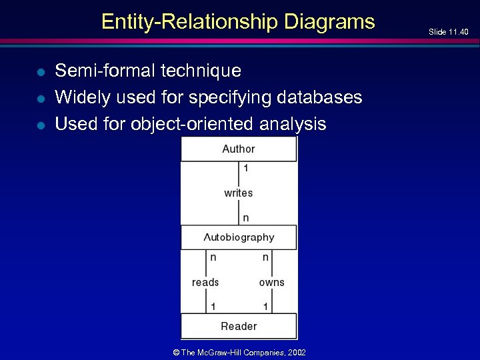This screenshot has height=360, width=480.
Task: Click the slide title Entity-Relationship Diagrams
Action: click(x=238, y=22)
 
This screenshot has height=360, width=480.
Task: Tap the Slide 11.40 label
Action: click(x=448, y=32)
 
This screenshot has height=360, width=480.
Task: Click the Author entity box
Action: click(x=239, y=149)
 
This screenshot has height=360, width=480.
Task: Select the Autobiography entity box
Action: click(x=239, y=237)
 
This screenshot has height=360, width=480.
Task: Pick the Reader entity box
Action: click(x=239, y=326)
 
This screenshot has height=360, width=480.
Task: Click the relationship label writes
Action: click(x=239, y=193)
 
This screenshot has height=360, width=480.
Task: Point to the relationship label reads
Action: click(x=205, y=282)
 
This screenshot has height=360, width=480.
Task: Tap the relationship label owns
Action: click(x=271, y=282)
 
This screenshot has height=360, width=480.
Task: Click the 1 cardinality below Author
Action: click(x=246, y=169)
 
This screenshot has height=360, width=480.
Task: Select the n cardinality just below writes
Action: click(x=246, y=217)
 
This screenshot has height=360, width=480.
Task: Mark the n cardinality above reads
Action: click(x=213, y=257)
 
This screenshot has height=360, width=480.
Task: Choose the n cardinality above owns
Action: click(x=265, y=257)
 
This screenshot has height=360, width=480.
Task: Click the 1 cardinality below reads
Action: click(x=213, y=307)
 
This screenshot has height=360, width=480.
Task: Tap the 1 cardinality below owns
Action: click(x=265, y=307)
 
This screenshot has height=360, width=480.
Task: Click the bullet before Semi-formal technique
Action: click(x=40, y=71)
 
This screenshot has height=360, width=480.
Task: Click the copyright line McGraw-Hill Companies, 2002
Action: click(x=239, y=352)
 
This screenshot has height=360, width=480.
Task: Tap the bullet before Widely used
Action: click(x=40, y=98)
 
